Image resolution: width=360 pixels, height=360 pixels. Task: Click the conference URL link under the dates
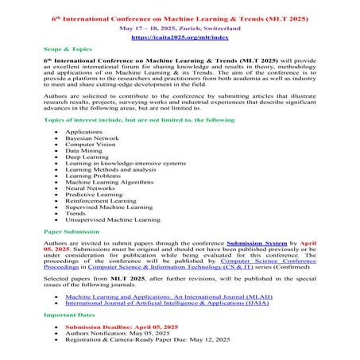pyautogui.click(x=179, y=37)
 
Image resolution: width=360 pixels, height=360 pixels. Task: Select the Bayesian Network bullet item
pyautogui.click(x=87, y=138)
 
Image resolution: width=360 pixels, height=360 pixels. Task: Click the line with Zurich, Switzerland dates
pyautogui.click(x=179, y=27)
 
